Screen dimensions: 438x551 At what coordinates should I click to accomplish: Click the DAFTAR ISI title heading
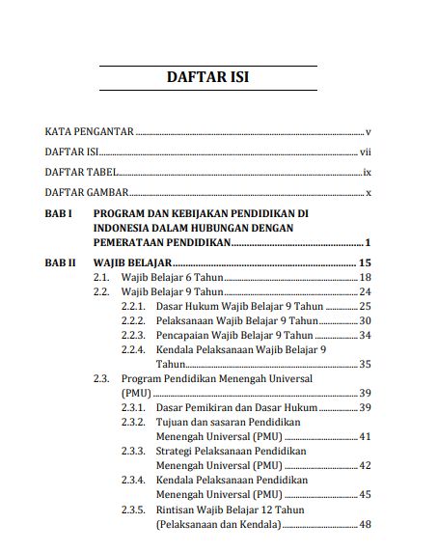click(208, 78)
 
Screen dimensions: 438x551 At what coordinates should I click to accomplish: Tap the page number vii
click(366, 152)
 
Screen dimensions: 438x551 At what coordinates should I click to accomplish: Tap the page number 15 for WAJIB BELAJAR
click(365, 262)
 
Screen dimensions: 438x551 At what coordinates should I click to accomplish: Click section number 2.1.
click(101, 277)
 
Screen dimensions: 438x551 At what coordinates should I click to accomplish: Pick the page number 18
click(366, 277)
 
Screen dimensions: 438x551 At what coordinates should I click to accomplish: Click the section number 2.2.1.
click(133, 306)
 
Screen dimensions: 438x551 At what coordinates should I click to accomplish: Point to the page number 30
click(366, 320)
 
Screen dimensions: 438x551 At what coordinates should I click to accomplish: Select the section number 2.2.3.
click(133, 335)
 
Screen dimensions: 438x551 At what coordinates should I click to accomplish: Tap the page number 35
click(366, 364)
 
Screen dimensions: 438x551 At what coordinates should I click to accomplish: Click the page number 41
click(366, 436)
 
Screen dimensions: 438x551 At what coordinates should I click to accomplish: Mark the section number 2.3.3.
click(133, 451)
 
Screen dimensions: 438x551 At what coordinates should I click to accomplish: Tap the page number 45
click(366, 494)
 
